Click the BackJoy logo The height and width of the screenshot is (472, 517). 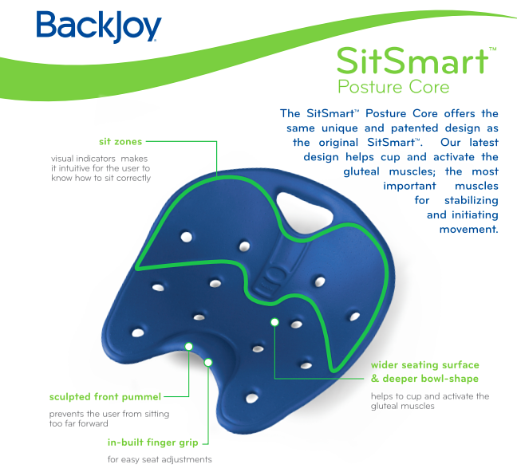[99, 26]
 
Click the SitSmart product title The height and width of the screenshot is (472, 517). [412, 61]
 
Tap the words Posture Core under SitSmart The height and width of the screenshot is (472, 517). [393, 87]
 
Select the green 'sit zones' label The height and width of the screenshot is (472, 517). [120, 141]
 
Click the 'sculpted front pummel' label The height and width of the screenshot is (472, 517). [105, 397]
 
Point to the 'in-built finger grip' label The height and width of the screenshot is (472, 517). [152, 442]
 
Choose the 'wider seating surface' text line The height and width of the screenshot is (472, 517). [424, 365]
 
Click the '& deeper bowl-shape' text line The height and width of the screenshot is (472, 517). [424, 379]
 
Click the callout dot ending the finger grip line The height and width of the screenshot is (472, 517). [208, 363]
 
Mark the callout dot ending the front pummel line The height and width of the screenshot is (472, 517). [188, 346]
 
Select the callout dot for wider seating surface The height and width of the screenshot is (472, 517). [274, 322]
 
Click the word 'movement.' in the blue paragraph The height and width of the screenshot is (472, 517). [468, 229]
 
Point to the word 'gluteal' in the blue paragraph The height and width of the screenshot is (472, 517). [361, 171]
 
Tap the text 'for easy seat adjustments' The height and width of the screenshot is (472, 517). [160, 459]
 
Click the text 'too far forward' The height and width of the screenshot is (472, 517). [78, 423]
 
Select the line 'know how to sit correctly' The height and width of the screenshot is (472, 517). [101, 178]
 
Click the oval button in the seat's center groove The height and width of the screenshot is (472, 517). [274, 273]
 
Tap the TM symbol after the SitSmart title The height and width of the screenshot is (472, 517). [492, 49]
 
